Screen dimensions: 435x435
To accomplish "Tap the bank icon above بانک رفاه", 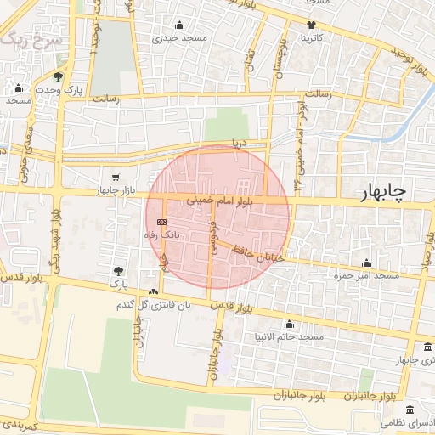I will (x=162, y=222).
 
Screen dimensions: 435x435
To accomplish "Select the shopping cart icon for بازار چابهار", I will (x=115, y=178).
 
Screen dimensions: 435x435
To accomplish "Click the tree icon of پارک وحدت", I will (x=59, y=76).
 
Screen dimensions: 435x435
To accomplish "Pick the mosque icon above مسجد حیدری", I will (x=178, y=25).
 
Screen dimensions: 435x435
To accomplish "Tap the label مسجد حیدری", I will (x=178, y=38).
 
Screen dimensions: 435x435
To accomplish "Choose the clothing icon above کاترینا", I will (x=312, y=25).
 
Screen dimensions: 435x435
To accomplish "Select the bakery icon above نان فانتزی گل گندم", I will (x=153, y=291).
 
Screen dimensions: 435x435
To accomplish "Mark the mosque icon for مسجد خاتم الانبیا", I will (x=290, y=324).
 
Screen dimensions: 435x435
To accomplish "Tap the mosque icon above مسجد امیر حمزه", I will (x=366, y=263).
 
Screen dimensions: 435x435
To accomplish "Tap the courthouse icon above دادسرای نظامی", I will (x=410, y=410).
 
